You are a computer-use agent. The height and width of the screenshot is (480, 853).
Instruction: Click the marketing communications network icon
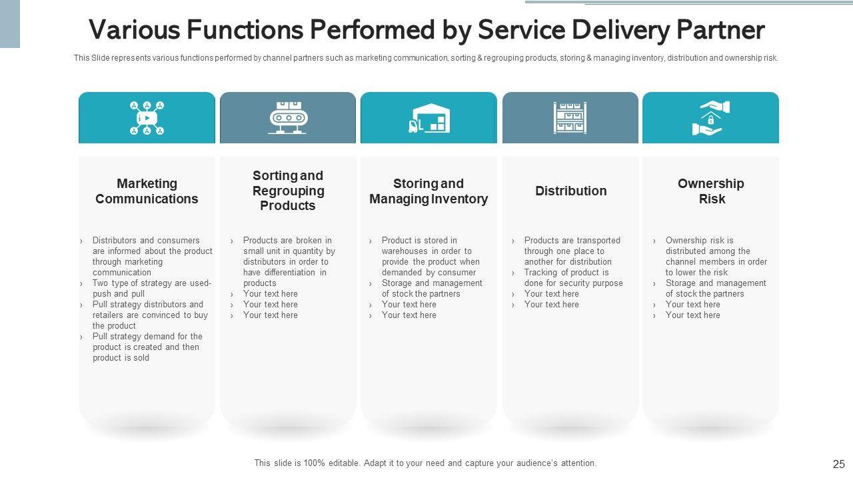[x=147, y=118]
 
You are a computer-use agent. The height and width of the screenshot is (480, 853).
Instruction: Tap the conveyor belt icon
[x=288, y=118]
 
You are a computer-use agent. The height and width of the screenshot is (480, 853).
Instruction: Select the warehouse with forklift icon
[x=429, y=118]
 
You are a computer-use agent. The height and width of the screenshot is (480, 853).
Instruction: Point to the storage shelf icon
[x=570, y=118]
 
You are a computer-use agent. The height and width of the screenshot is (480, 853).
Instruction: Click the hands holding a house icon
[x=710, y=118]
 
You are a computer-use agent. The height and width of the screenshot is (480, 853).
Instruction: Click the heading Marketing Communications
[x=147, y=191]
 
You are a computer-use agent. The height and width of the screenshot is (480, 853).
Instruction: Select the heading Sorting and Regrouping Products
[x=288, y=191]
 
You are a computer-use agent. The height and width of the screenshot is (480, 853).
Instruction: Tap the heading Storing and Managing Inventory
[x=428, y=191]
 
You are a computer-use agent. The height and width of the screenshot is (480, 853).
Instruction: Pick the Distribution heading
[x=571, y=191]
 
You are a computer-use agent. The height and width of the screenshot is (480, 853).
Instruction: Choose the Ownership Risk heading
[x=711, y=191]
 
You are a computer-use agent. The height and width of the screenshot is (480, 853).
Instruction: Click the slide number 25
[x=838, y=464]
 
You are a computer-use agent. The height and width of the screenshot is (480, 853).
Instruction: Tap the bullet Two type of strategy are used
[x=152, y=289]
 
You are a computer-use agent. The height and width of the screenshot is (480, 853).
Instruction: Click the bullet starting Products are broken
[x=288, y=261]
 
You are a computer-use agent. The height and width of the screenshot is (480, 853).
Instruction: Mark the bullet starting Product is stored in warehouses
[x=430, y=256]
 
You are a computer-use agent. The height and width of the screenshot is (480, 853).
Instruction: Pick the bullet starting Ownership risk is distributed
[x=716, y=256]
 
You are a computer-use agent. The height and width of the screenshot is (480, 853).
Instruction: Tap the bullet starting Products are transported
[x=572, y=251]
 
